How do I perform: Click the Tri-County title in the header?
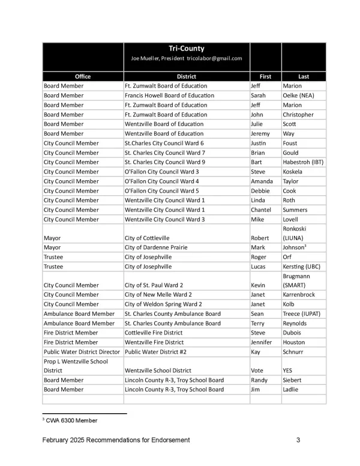pyautogui.click(x=187, y=49)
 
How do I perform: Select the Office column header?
pyautogui.click(x=83, y=76)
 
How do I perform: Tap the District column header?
pyautogui.click(x=187, y=76)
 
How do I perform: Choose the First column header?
pyautogui.click(x=265, y=76)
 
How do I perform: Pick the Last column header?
pyautogui.click(x=304, y=76)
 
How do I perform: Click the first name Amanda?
pyautogui.click(x=262, y=181)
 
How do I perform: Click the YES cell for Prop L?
pyautogui.click(x=287, y=371)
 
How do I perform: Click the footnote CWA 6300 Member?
pyautogui.click(x=72, y=420)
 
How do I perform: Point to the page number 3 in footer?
pyautogui.click(x=298, y=440)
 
